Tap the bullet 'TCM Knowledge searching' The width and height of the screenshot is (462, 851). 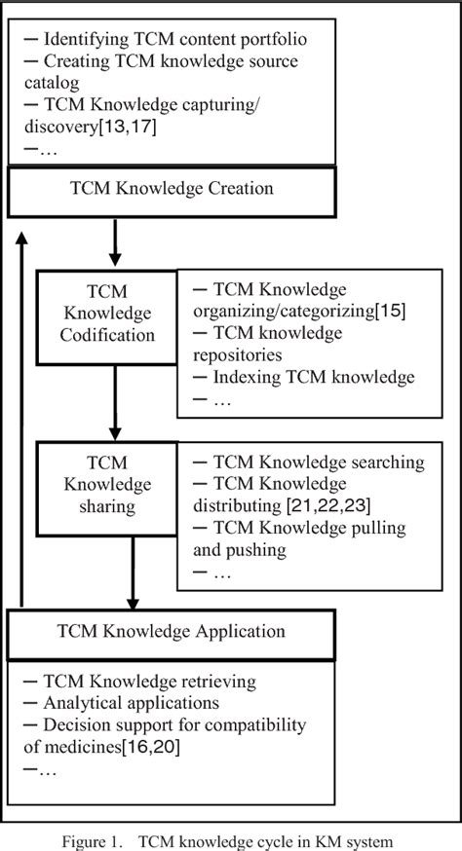[308, 462]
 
